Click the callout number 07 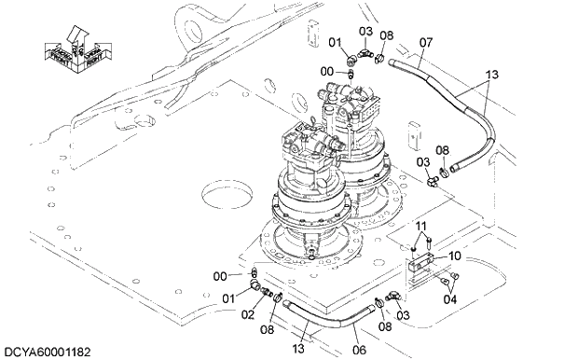tap(426, 42)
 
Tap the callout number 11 tap(421, 227)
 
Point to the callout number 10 tap(455, 256)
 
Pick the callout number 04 tap(450, 299)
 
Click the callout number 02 tap(249, 315)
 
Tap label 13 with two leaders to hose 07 tap(493, 75)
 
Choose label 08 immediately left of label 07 tap(387, 35)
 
